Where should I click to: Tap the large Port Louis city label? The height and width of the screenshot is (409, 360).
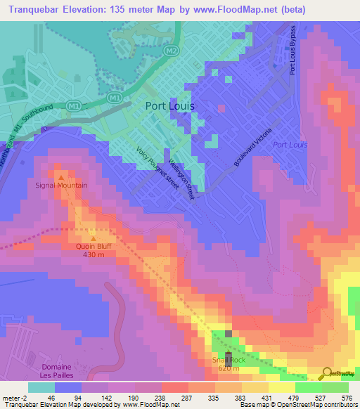[169, 106]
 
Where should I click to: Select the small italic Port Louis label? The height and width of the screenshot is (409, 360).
[290, 145]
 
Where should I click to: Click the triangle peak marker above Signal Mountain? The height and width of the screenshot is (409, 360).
[61, 176]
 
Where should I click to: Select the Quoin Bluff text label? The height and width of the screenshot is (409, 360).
[94, 247]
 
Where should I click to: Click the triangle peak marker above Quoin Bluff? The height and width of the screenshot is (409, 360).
[94, 238]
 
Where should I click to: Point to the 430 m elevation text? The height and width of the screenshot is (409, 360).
[94, 255]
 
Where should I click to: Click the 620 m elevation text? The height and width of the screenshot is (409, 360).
[229, 368]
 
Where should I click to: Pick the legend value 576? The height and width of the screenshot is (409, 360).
[347, 398]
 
